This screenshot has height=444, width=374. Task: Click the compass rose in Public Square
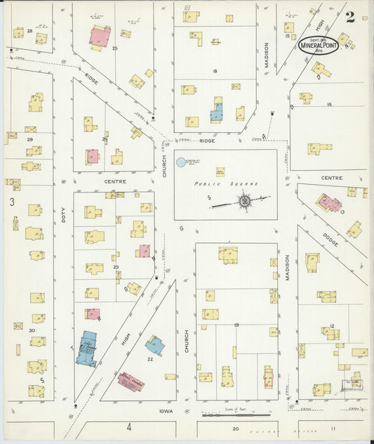[x=245, y=201]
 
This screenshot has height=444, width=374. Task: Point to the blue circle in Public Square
[x=181, y=162]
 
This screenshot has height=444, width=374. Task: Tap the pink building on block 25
[x=100, y=37]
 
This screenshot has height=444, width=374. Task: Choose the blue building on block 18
[x=217, y=112]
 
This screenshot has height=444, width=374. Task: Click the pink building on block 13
[x=328, y=204]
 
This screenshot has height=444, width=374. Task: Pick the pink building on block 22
[x=131, y=381]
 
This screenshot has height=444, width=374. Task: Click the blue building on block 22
[x=154, y=345]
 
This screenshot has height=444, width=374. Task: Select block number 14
[x=328, y=104]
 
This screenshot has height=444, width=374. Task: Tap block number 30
[x=32, y=329]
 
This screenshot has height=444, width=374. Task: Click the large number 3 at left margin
[x=12, y=202]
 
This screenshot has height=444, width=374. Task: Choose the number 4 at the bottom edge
[x=129, y=426]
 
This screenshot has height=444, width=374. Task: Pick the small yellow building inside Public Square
[x=220, y=171]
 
